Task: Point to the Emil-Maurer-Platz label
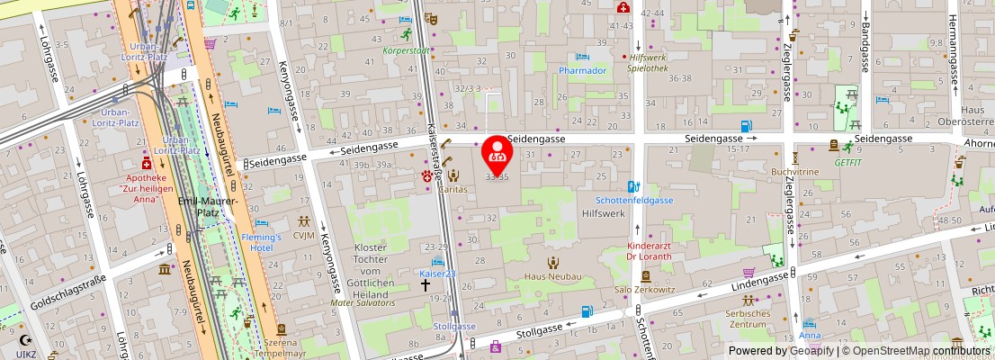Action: click(209, 207)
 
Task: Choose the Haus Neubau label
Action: click(552, 276)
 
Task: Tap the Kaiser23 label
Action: click(438, 273)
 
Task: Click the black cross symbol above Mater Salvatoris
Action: click(426, 284)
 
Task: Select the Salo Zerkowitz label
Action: click(645, 289)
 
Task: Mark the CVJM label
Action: click(304, 236)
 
